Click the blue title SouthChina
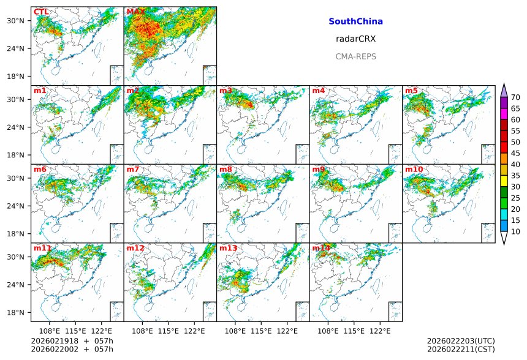click(x=355, y=21)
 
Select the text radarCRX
click(x=355, y=39)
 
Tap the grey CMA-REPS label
click(x=355, y=56)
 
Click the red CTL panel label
click(x=41, y=12)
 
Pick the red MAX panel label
click(x=135, y=12)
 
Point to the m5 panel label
click(x=411, y=91)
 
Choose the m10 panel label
click(x=414, y=170)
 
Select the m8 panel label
click(x=226, y=170)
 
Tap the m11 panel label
click(x=42, y=249)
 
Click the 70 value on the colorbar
click(x=515, y=97)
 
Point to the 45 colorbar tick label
click(x=515, y=153)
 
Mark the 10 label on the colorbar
click(x=515, y=231)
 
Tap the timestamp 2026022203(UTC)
click(x=461, y=341)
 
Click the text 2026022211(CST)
click(x=461, y=350)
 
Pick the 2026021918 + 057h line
click(x=67, y=341)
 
